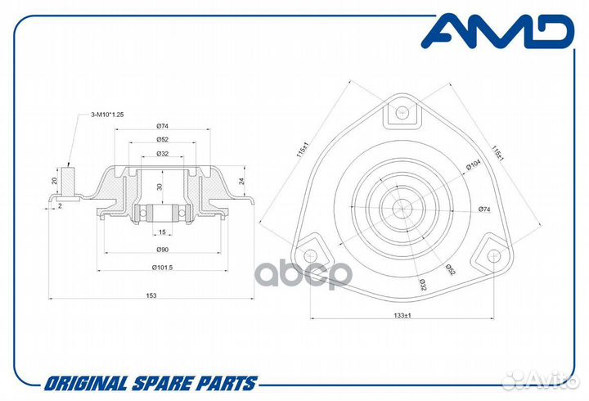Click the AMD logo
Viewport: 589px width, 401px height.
pos(497,31)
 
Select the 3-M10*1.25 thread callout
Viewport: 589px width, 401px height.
pos(107,115)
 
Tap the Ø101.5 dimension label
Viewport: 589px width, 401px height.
pos(162,268)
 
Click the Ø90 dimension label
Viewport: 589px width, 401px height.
pos(162,249)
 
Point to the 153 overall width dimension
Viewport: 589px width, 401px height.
pos(151,295)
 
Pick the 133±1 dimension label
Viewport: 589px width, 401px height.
pos(402,315)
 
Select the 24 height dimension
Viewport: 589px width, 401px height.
pos(242,181)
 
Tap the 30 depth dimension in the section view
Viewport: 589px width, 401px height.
pos(160,187)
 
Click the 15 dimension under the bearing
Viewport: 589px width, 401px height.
pos(162,232)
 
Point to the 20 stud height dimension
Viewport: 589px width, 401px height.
pos(55,181)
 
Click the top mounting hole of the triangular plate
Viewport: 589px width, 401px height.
pos(402,111)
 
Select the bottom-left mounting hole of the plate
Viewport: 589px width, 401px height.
pos(311,255)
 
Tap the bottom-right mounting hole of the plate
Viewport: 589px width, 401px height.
pos(494,255)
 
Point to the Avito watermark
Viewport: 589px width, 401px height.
pos(540,381)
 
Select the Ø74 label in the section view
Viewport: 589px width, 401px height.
pos(162,126)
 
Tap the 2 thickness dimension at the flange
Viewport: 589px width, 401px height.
pos(60,206)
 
